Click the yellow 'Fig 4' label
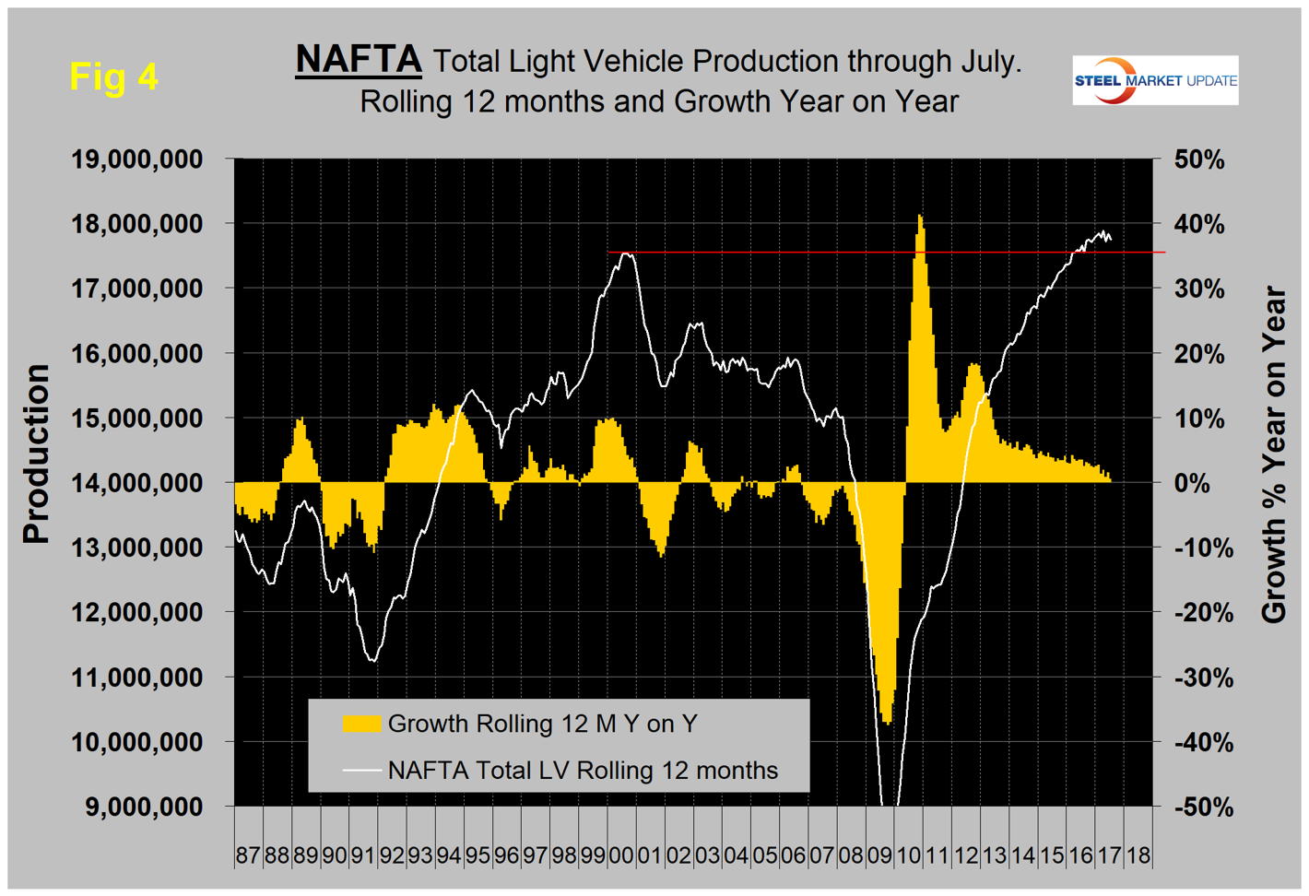(x=113, y=77)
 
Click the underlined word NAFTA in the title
(x=358, y=60)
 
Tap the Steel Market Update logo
(x=1154, y=80)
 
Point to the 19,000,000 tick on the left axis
(x=150, y=159)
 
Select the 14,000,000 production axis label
(x=150, y=483)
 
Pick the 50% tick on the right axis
(x=1199, y=159)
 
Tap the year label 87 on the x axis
(x=248, y=855)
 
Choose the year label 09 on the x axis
(x=879, y=855)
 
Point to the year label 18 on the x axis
(x=1138, y=855)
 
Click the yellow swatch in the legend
(x=361, y=724)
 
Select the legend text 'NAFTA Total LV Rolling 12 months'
(x=583, y=771)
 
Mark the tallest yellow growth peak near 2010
(x=920, y=218)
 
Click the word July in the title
(x=987, y=61)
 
